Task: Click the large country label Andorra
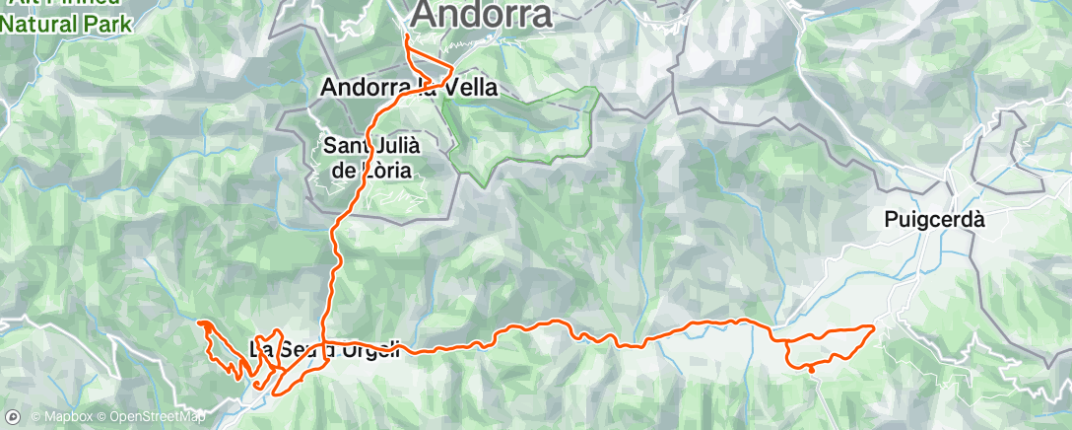(481, 16)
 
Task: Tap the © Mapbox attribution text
(60, 416)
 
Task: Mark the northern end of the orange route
(407, 36)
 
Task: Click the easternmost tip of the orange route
(873, 325)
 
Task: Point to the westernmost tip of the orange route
(199, 322)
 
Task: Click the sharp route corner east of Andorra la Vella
(452, 70)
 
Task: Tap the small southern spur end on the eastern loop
(810, 370)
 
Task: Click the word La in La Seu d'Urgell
(261, 348)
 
